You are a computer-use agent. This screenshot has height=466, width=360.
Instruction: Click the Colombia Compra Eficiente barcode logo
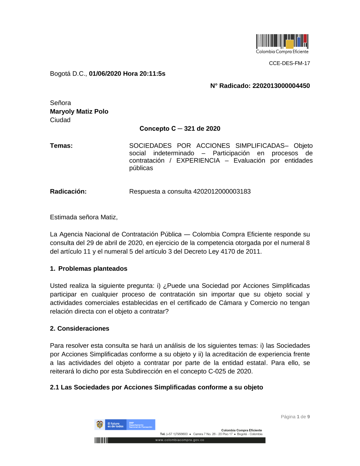click(282, 44)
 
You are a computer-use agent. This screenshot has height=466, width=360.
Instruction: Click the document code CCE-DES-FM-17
click(289, 63)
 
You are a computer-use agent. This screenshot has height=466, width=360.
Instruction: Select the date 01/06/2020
click(105, 74)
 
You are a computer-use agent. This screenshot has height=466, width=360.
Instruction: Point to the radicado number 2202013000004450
click(281, 86)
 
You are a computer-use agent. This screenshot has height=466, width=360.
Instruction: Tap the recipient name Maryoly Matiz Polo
click(79, 112)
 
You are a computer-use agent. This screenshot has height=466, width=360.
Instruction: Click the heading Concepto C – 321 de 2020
click(180, 129)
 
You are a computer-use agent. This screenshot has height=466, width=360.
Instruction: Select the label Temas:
click(61, 146)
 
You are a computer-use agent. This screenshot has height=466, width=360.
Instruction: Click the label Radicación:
click(68, 192)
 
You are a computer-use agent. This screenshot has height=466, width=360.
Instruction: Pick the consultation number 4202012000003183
click(222, 192)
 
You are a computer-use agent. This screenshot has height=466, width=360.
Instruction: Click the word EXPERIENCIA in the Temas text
click(198, 161)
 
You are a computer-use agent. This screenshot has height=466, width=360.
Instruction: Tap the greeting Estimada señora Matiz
click(84, 217)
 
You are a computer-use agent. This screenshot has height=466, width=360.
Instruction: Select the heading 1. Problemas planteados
click(89, 269)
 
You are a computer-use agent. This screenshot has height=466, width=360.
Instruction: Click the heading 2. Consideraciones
click(80, 328)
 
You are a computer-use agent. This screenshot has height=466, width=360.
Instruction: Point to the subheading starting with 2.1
click(156, 387)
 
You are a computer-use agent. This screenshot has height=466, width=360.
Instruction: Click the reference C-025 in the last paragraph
click(216, 371)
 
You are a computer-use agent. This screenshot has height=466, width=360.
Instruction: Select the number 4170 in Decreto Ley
click(228, 251)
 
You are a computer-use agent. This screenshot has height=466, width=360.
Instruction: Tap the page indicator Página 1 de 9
click(295, 417)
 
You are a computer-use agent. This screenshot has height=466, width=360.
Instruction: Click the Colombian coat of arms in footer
click(100, 425)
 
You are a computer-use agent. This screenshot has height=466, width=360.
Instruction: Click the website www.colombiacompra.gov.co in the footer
click(180, 440)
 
